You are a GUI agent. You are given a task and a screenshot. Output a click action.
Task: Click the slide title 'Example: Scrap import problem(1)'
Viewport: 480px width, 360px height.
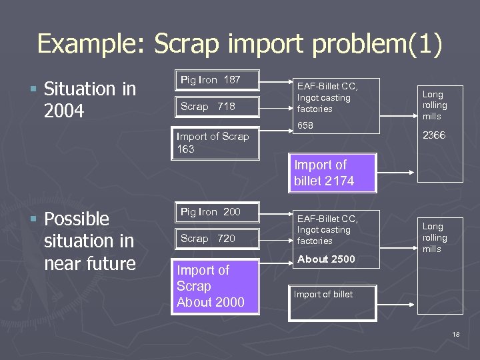239,43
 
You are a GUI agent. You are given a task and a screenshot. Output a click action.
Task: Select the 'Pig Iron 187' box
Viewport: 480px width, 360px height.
216,81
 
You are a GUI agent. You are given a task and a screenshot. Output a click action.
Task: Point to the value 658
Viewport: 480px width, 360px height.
305,125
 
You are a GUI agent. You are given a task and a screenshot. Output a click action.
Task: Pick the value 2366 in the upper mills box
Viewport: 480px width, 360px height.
435,135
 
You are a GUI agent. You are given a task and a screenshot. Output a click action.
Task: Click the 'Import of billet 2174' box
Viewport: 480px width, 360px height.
331,173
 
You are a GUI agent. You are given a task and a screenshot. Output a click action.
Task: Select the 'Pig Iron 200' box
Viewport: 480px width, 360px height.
216,213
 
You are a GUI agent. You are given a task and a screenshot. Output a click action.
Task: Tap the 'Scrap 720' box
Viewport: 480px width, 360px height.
216,239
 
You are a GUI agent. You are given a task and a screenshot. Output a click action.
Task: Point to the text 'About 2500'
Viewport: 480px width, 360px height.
326,259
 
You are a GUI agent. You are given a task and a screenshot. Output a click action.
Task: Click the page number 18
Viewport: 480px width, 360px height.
455,333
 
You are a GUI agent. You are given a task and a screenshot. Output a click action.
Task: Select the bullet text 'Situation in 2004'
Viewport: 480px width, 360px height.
89,99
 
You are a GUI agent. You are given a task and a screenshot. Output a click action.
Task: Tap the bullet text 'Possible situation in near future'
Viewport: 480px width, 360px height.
89,241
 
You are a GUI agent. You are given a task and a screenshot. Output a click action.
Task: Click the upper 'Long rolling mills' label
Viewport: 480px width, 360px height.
435,105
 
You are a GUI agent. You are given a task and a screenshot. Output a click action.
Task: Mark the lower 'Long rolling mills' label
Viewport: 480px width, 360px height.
435,238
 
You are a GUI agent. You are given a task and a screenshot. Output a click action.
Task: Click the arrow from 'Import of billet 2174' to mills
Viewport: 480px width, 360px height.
397,173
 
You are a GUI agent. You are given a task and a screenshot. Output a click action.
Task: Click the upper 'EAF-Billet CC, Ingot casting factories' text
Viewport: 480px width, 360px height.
327,97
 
